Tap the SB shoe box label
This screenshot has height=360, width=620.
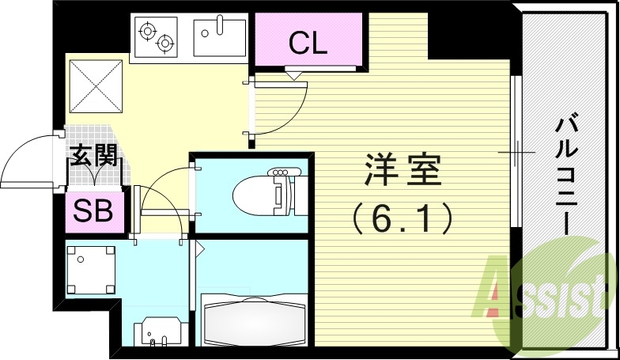click(93, 210)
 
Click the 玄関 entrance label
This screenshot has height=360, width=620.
click(93, 155)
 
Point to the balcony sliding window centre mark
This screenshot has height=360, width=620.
click(512, 150)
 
